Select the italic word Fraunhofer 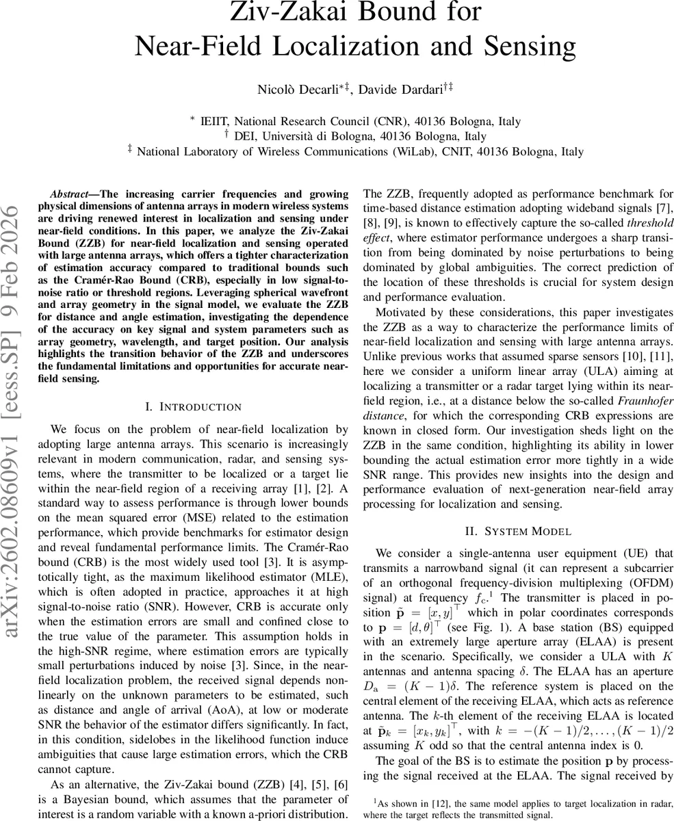point(643,401)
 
